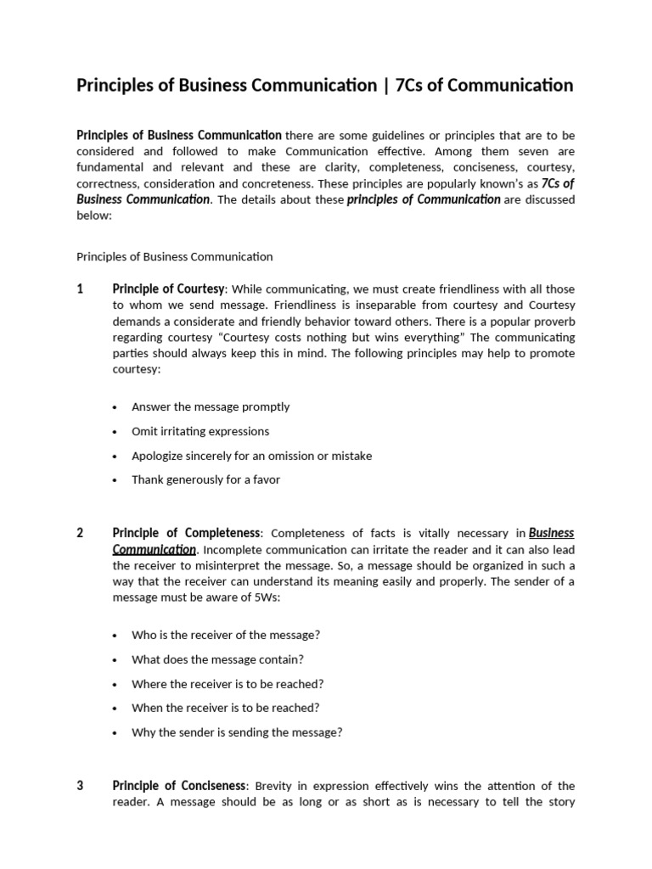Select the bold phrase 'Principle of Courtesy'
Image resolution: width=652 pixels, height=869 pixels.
coord(168,289)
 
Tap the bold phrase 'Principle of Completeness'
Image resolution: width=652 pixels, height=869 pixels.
coord(186,533)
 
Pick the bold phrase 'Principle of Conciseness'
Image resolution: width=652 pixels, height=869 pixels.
coord(179,786)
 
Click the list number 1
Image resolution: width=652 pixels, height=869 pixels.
coord(80,289)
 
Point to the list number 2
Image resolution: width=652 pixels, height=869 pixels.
coord(80,533)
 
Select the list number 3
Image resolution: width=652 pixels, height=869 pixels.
coord(80,786)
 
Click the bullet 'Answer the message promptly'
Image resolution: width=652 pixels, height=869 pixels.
coord(211,406)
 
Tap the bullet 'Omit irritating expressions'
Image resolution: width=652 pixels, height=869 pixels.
coord(200,431)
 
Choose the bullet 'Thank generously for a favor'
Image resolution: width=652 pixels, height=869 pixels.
coord(205,479)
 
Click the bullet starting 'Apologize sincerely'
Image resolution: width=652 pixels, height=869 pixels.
coord(251,456)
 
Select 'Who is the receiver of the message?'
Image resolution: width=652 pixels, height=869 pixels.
coord(226,635)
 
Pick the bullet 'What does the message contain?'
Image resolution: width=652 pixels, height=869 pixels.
coord(217,659)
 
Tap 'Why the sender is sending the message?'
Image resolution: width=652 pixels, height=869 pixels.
coord(237,732)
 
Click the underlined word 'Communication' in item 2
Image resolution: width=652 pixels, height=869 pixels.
coord(154,549)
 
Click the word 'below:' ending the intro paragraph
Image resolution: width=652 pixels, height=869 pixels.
coord(93,216)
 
